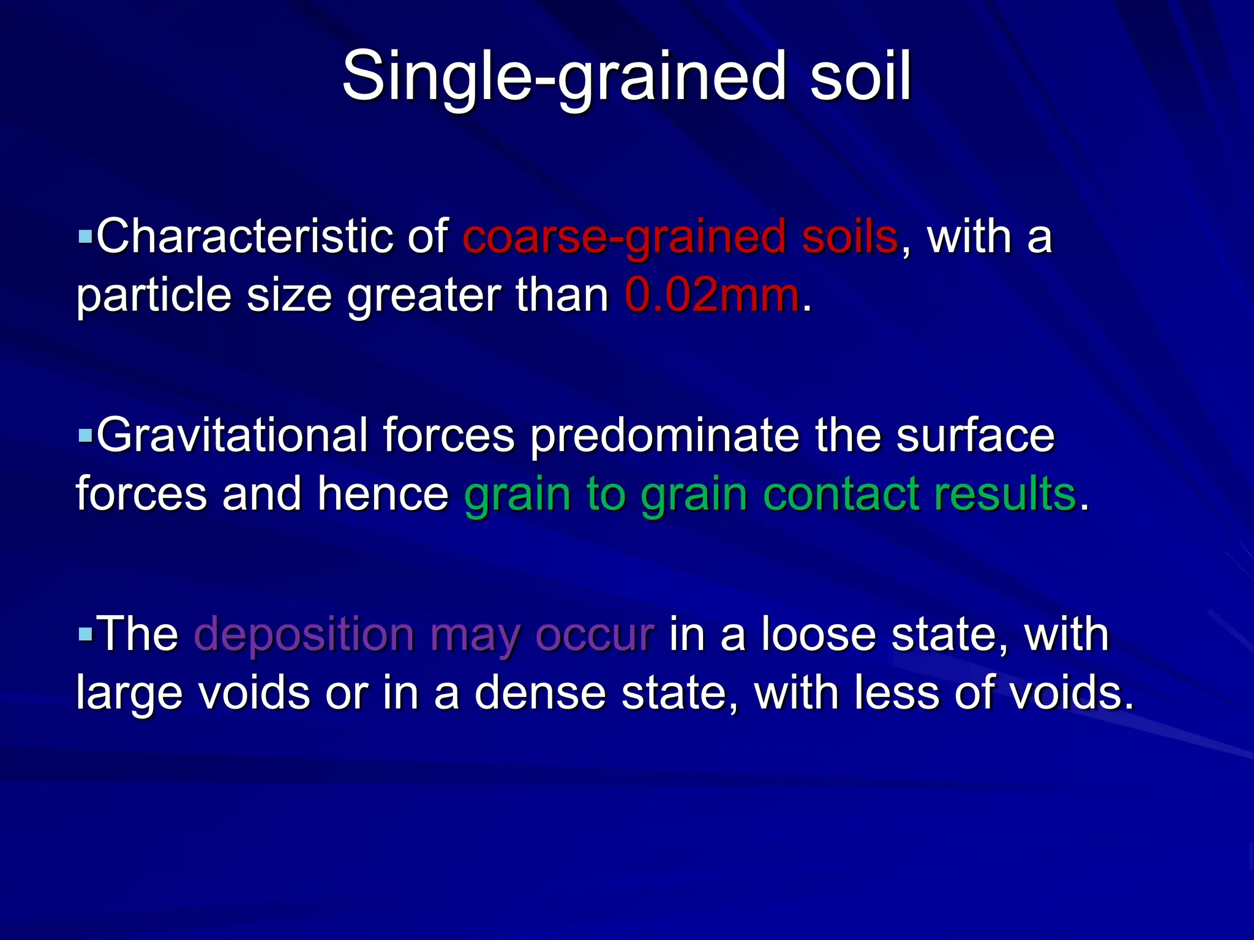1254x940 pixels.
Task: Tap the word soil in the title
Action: pyautogui.click(x=860, y=76)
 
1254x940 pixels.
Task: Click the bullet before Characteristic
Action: pyautogui.click(x=85, y=235)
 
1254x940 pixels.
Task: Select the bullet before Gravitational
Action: pyautogui.click(x=85, y=436)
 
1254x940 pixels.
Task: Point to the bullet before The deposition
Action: pyautogui.click(x=85, y=634)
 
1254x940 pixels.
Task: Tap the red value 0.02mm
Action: pyautogui.click(x=712, y=296)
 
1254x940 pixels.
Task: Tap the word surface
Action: pyautogui.click(x=975, y=436)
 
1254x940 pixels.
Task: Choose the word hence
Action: pyautogui.click(x=383, y=494)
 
